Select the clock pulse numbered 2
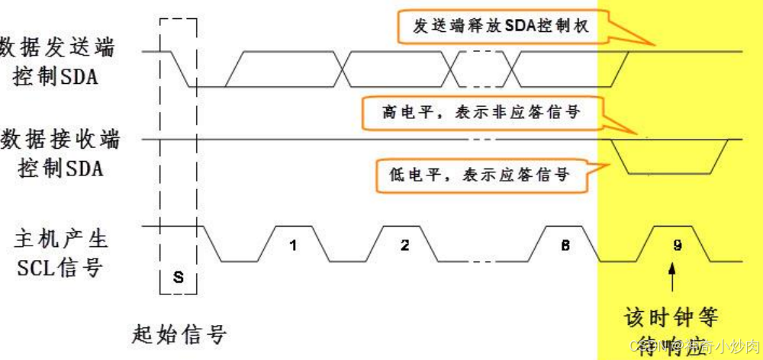[404, 246]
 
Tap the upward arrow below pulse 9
[671, 278]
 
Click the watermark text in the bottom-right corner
[687, 346]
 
